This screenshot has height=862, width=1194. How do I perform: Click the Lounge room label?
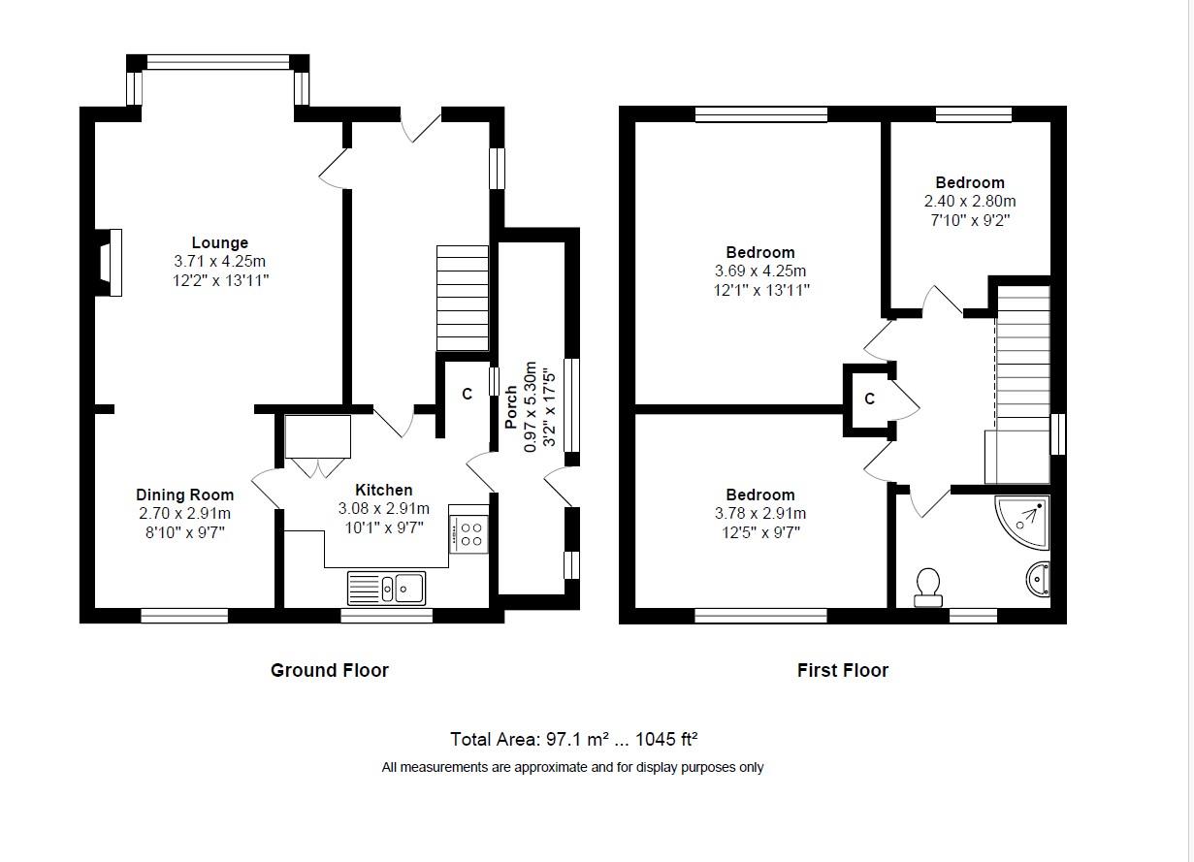click(219, 243)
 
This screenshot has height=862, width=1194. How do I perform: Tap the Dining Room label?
click(184, 495)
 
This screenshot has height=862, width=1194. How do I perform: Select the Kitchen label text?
click(384, 490)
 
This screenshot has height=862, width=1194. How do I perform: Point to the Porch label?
click(511, 407)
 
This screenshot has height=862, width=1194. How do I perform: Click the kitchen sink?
click(386, 589)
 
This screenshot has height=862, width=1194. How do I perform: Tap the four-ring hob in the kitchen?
click(469, 534)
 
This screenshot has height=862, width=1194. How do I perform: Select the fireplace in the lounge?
click(109, 263)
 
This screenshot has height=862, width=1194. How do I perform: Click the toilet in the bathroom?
click(928, 588)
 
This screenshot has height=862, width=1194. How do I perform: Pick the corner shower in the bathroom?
click(1022, 522)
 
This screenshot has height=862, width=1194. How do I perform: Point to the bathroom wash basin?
click(1038, 579)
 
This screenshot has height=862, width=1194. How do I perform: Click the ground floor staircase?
click(463, 298)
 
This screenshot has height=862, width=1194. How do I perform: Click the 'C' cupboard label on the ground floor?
click(467, 395)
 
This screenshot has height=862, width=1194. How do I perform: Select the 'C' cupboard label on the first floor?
click(869, 399)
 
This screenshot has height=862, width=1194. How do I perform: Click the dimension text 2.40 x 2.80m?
click(970, 202)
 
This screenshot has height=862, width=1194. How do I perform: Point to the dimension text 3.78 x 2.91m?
click(760, 514)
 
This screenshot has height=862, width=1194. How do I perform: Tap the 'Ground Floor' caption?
click(330, 670)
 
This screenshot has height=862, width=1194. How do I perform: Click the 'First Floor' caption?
click(843, 670)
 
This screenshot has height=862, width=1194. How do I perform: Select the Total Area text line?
click(573, 739)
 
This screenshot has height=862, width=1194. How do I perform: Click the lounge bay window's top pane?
click(218, 62)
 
